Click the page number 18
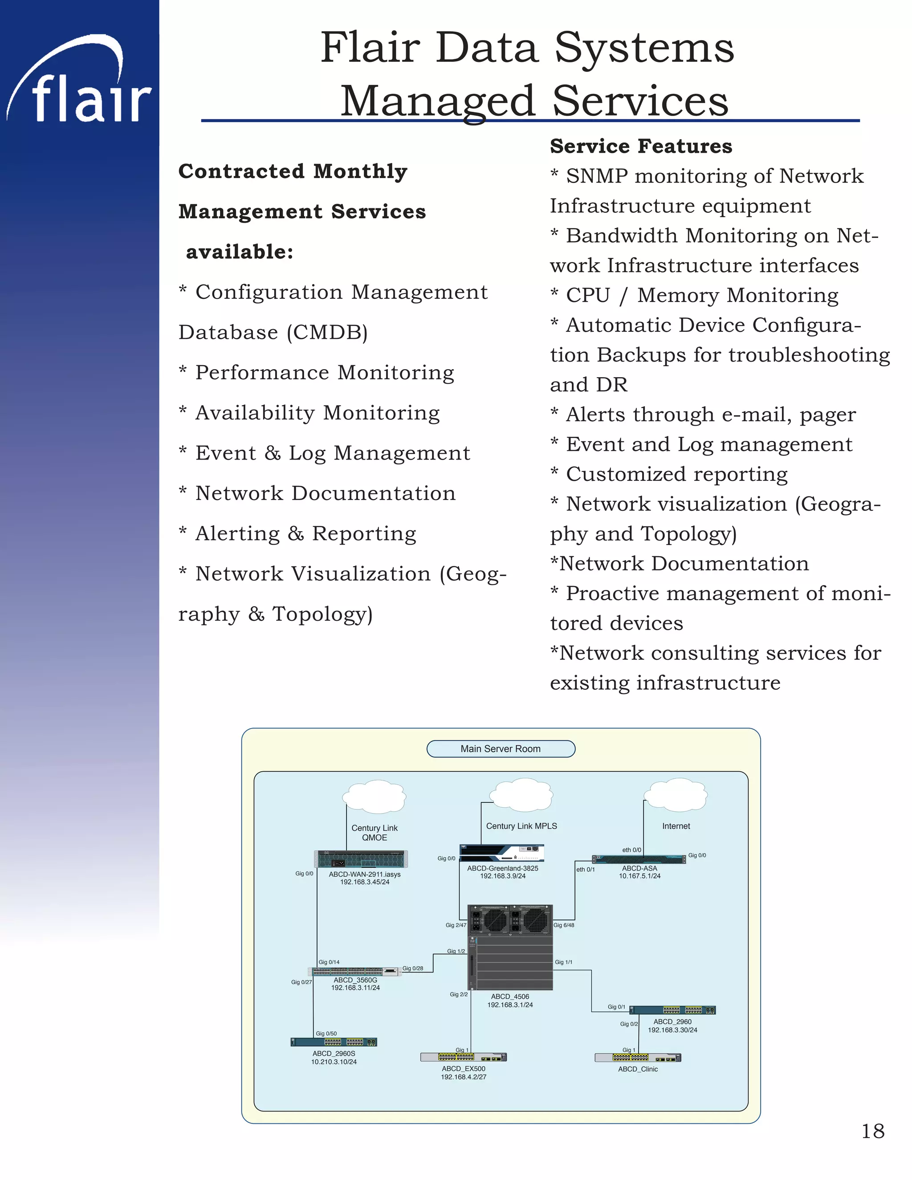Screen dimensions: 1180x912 point(872,1131)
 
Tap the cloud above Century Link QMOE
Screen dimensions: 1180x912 point(374,797)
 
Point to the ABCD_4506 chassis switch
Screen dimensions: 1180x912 point(510,947)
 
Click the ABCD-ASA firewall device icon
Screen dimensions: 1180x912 point(639,859)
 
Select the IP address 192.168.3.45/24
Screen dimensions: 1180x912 point(365,882)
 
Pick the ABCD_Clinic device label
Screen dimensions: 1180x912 point(638,1069)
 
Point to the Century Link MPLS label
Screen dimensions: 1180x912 point(521,826)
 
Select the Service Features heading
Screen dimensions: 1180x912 point(641,146)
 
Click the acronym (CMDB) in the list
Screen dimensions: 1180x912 point(327,332)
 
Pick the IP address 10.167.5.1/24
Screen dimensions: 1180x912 point(640,876)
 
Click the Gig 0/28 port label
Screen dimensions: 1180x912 point(413,968)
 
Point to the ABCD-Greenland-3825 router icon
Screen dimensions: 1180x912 point(501,853)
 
